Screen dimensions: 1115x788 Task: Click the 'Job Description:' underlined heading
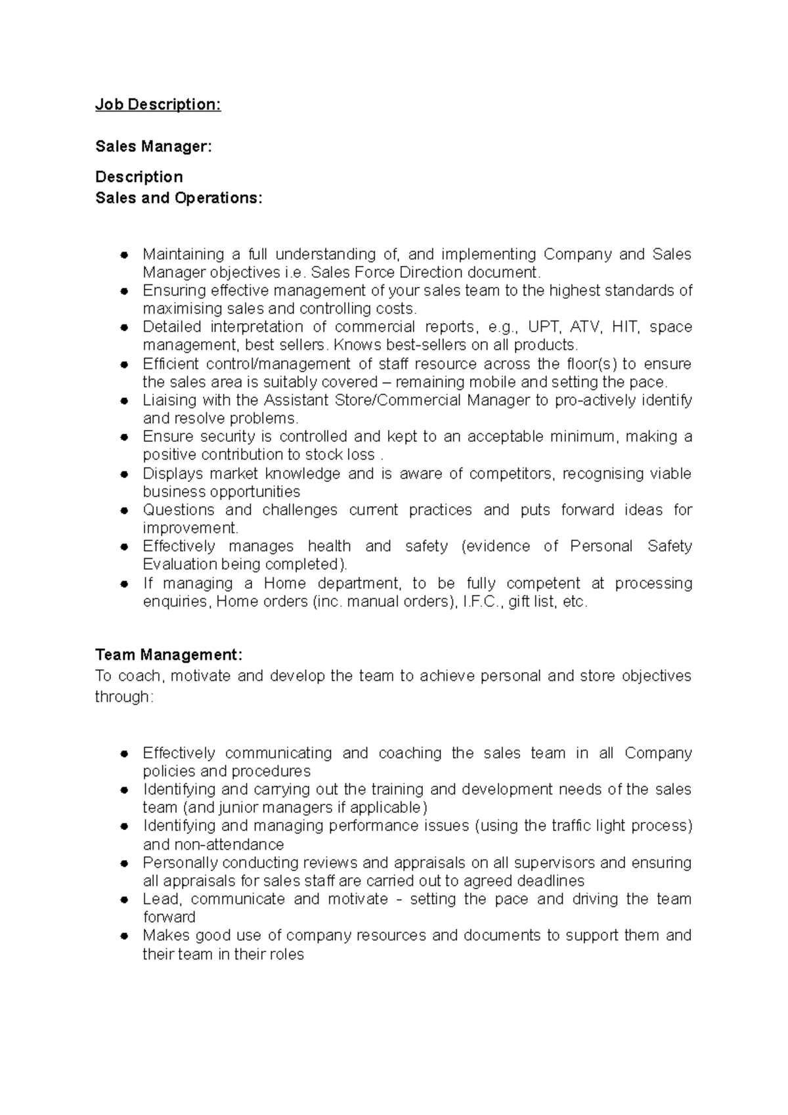(x=158, y=104)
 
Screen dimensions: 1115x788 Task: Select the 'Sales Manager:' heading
(x=154, y=146)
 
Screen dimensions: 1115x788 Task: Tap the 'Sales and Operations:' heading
(x=179, y=198)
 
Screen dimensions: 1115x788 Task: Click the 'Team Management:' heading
(x=169, y=655)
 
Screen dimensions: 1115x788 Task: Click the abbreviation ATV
(x=586, y=327)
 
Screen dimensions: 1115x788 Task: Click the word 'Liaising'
(x=169, y=401)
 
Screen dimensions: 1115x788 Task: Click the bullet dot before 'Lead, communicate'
(x=123, y=900)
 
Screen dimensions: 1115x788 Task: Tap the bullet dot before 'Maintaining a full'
(x=123, y=255)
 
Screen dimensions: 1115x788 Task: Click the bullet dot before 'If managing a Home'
(x=123, y=584)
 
